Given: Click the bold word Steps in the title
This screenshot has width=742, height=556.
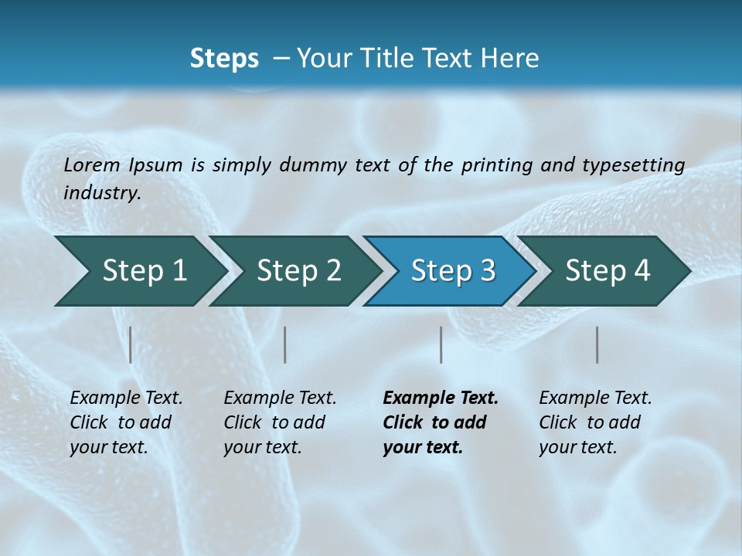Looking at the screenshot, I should tap(224, 59).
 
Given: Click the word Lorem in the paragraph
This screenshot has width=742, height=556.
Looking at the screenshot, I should tap(92, 165).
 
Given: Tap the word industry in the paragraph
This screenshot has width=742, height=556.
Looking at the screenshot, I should tap(101, 193).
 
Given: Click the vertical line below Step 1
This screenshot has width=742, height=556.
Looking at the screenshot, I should tap(131, 344).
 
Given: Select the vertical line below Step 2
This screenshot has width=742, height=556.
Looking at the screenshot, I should tap(285, 344).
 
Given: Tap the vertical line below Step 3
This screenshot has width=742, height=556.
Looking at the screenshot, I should tap(441, 344).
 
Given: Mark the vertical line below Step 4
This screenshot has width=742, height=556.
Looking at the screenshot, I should tap(597, 344).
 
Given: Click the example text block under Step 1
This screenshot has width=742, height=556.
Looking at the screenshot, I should tap(126, 422).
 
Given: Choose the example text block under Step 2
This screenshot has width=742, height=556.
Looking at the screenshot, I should tap(280, 422).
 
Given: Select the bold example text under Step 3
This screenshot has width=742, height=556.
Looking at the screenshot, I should tap(441, 422).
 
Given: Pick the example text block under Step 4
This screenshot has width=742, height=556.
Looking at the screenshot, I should tap(595, 422).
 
